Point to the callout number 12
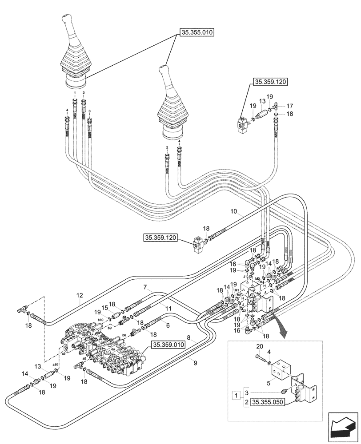click(x=80, y=295)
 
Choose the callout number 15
click(x=104, y=308)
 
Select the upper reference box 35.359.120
click(x=270, y=82)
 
